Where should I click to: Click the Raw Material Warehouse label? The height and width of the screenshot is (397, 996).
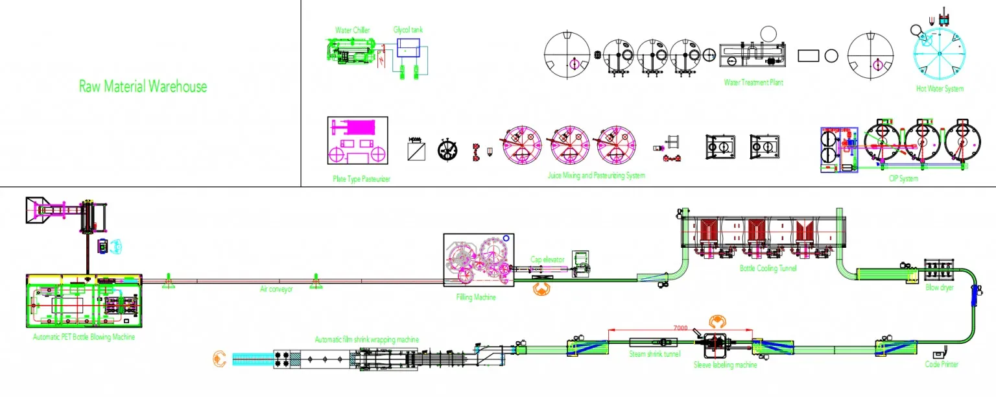pos(143,86)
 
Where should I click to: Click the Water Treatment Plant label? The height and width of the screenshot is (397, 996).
pos(753,82)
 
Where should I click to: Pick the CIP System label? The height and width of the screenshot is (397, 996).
pos(903,178)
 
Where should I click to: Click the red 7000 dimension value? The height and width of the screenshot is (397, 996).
pos(680,328)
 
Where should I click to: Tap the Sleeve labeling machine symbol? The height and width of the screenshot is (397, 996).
pos(718,345)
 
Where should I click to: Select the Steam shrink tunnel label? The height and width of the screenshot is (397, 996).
pos(654,354)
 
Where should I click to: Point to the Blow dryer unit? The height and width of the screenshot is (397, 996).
pos(939,270)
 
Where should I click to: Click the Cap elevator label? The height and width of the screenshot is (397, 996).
pos(547,259)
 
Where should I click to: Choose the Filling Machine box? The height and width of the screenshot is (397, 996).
pos(479,260)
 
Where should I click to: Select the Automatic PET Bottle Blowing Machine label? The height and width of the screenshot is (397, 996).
pos(84,337)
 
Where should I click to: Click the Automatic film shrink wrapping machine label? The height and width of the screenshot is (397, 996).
pos(366,339)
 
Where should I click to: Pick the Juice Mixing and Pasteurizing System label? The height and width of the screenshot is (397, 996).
pos(597,175)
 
